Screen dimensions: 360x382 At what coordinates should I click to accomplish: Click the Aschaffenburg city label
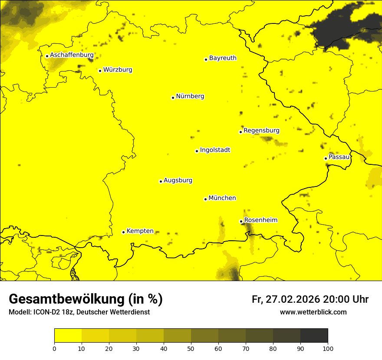pos(72,55)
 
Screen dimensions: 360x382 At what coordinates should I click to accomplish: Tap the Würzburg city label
pos(118,70)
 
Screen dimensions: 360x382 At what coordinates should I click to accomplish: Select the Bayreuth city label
pos(223,58)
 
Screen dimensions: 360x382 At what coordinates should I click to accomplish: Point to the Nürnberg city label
pos(190,96)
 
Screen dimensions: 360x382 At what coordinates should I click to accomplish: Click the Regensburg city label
pos(261,131)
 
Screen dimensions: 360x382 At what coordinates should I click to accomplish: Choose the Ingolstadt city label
pos(215,150)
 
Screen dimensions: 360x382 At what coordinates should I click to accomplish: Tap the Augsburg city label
pos(178,180)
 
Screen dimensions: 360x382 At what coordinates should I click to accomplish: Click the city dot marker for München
pos(205,199)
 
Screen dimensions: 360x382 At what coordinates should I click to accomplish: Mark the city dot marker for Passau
pos(326,158)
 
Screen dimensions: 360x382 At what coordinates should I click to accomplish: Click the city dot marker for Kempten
pos(123,232)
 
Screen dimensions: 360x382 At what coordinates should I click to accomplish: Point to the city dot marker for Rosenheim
pos(241,221)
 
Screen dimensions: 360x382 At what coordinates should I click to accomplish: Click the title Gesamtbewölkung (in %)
pos(86,299)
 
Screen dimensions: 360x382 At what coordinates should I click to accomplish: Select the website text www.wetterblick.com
pos(313,312)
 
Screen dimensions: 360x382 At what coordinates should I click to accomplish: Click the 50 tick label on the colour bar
pos(191,348)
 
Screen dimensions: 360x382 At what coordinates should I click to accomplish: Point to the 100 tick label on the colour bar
pos(328,348)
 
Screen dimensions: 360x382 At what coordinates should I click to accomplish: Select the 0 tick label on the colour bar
pos(54,348)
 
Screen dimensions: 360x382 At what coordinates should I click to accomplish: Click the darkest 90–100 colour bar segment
pos(314,336)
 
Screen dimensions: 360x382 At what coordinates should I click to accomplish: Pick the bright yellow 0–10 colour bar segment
pos(68,336)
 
